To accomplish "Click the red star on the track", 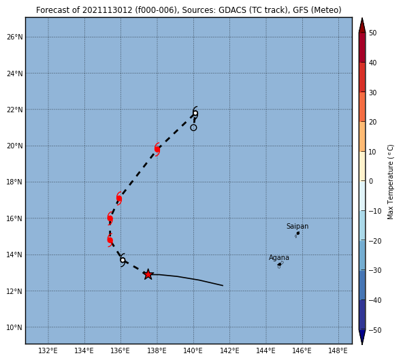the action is [x=148, y=274].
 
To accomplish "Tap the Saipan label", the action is [x=297, y=226].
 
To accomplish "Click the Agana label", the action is [x=279, y=257].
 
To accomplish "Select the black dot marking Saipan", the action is [x=298, y=233].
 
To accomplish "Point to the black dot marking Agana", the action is [x=279, y=265].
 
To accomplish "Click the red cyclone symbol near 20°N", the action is [x=157, y=149].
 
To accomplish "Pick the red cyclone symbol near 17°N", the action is [x=118, y=198].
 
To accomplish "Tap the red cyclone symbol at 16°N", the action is [x=110, y=218].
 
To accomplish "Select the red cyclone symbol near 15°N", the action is [x=110, y=240].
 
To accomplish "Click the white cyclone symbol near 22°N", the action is [x=195, y=113].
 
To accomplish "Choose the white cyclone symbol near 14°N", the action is [x=123, y=260].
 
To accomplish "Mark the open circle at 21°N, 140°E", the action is [x=193, y=127].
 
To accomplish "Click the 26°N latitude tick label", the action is [x=15, y=37].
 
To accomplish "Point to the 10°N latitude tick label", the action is [x=15, y=327].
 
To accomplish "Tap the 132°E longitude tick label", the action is [x=48, y=350].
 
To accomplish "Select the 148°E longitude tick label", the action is [x=338, y=350].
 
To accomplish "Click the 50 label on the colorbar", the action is [x=372, y=33].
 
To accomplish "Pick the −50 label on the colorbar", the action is [x=375, y=330].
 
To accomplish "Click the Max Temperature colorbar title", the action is [x=390, y=182].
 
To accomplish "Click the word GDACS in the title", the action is [x=230, y=10].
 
